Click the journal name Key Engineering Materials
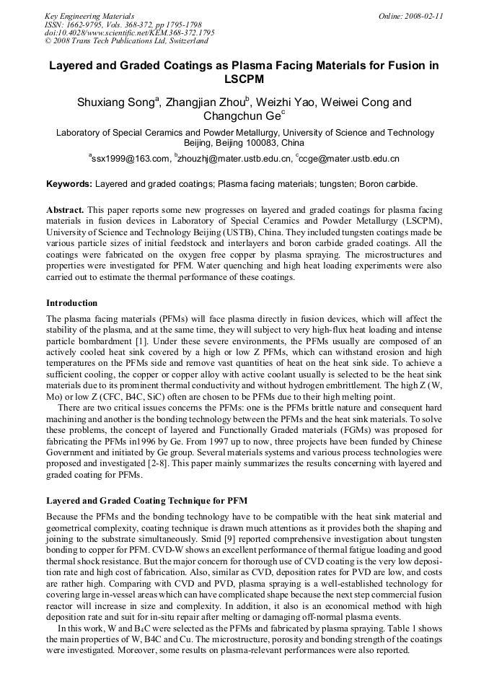(x=89, y=16)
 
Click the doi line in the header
(x=130, y=33)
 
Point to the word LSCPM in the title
(x=244, y=79)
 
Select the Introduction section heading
(x=71, y=303)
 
